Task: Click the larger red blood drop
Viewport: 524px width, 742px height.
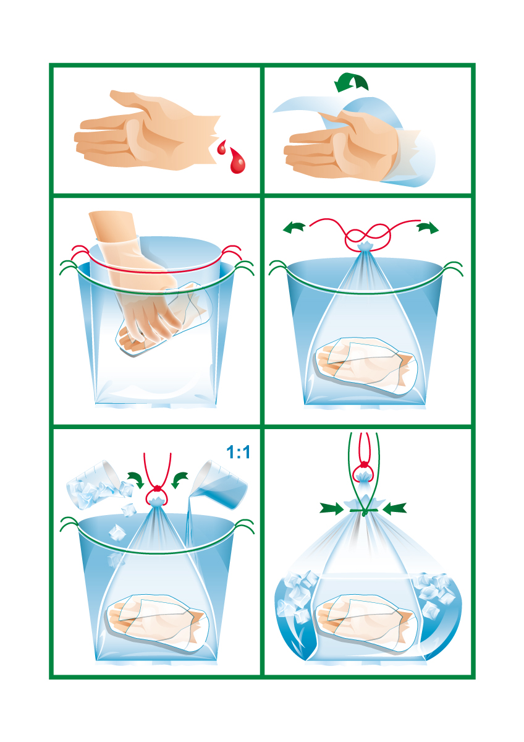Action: [x=238, y=161]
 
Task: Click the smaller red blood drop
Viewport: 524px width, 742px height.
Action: [x=221, y=148]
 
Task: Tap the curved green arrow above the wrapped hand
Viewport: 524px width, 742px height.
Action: [x=351, y=82]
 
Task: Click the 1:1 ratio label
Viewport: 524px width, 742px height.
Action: [x=239, y=452]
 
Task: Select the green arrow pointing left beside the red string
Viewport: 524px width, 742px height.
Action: [x=294, y=228]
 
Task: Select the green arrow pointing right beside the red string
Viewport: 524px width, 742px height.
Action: [x=428, y=228]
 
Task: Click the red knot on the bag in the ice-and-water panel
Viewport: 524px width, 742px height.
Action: [x=158, y=488]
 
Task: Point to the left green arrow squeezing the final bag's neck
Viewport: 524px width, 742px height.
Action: [x=332, y=508]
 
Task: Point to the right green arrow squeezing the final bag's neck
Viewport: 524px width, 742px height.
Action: [x=395, y=508]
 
